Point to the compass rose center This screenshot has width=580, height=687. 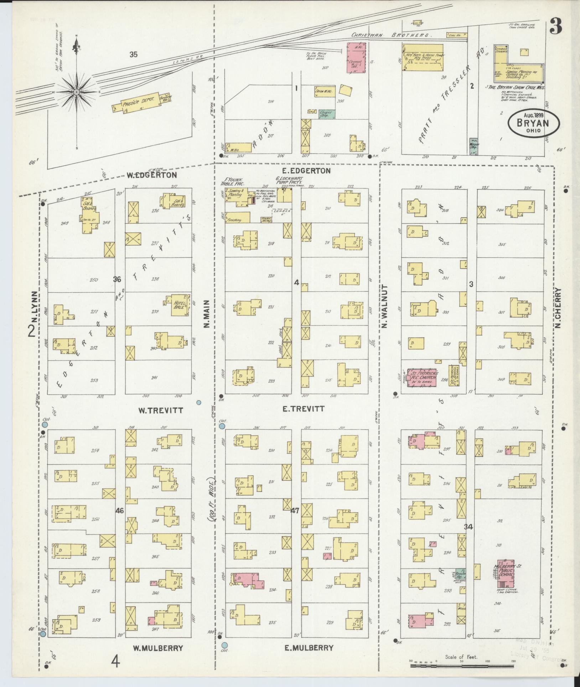pyautogui.click(x=76, y=92)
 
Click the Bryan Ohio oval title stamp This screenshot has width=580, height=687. pyautogui.click(x=533, y=123)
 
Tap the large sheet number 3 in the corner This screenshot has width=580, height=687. pyautogui.click(x=556, y=26)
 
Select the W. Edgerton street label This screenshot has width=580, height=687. pyautogui.click(x=152, y=175)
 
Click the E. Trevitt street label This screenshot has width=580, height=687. pyautogui.click(x=303, y=409)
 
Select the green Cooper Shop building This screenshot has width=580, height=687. pyautogui.click(x=326, y=114)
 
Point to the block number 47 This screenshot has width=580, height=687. pyautogui.click(x=295, y=511)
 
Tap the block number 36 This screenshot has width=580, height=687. pyautogui.click(x=117, y=279)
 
